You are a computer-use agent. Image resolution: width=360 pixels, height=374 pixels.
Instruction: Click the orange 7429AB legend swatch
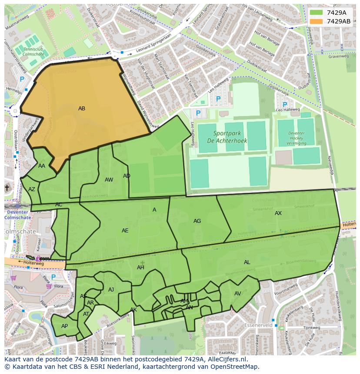316,21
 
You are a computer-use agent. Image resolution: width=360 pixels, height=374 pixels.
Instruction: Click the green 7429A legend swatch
316,13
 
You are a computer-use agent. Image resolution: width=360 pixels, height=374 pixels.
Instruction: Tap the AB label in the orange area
82,109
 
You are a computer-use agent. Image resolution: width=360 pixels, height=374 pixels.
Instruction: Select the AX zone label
278,213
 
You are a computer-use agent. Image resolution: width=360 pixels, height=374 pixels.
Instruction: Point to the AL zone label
247,262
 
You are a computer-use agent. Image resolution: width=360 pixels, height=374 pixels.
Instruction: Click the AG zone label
197,221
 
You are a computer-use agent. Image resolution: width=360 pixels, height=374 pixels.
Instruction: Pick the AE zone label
125,231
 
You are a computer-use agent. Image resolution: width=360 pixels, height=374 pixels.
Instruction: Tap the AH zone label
140,268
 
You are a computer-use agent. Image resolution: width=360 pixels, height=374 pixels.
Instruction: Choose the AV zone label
238,294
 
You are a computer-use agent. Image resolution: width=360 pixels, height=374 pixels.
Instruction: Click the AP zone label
64,326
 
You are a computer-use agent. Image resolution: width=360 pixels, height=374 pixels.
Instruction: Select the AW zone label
109,180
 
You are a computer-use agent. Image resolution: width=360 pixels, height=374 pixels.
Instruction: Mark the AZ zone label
32,189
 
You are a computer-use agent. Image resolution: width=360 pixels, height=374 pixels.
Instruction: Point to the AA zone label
42,166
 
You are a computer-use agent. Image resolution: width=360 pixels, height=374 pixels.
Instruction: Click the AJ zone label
111,290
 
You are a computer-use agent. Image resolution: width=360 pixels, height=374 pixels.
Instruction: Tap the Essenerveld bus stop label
258,325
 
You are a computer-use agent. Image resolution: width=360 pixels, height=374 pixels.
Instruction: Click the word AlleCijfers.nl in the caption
226,359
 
